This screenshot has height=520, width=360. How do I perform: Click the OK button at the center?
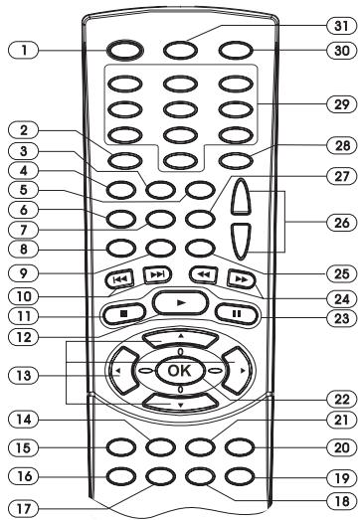(x=178, y=370)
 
